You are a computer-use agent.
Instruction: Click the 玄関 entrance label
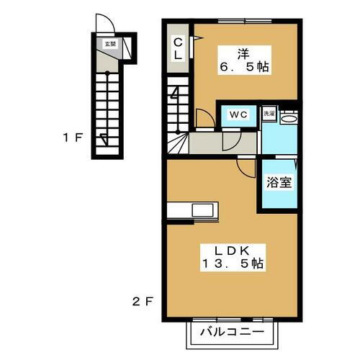(109, 45)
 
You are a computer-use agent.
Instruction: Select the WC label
(238, 114)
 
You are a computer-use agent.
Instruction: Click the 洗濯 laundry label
(268, 114)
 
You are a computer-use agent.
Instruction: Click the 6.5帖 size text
(244, 66)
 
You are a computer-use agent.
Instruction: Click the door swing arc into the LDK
(246, 167)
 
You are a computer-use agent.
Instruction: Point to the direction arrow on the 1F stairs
(106, 140)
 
